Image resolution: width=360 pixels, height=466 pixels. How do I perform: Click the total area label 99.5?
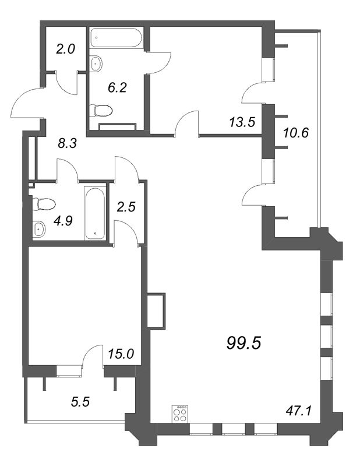point(243,343)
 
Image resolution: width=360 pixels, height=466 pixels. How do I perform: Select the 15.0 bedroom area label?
point(121,352)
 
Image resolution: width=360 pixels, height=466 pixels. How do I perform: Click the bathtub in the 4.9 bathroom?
point(96,213)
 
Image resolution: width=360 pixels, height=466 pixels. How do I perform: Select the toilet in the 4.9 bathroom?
point(44,204)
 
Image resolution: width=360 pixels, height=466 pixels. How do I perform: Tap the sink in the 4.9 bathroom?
point(39,229)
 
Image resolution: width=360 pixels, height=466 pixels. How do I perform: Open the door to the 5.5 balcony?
point(92,356)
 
